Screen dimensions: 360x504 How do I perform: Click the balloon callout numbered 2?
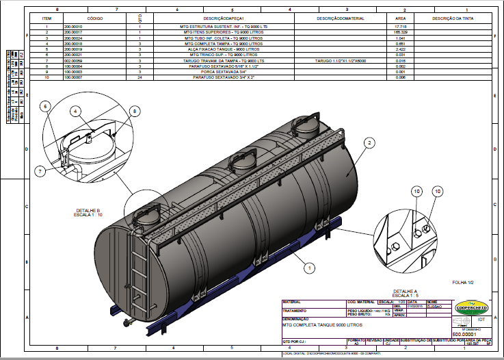coord(369,142)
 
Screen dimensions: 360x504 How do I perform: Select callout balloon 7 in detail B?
coord(40,170)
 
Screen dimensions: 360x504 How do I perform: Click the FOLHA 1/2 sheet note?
coord(464,281)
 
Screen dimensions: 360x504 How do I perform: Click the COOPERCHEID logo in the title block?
coord(471,306)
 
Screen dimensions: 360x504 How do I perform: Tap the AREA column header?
coord(401,18)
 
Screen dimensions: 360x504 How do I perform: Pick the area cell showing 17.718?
coord(401,27)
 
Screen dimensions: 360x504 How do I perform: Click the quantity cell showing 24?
coord(139,78)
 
